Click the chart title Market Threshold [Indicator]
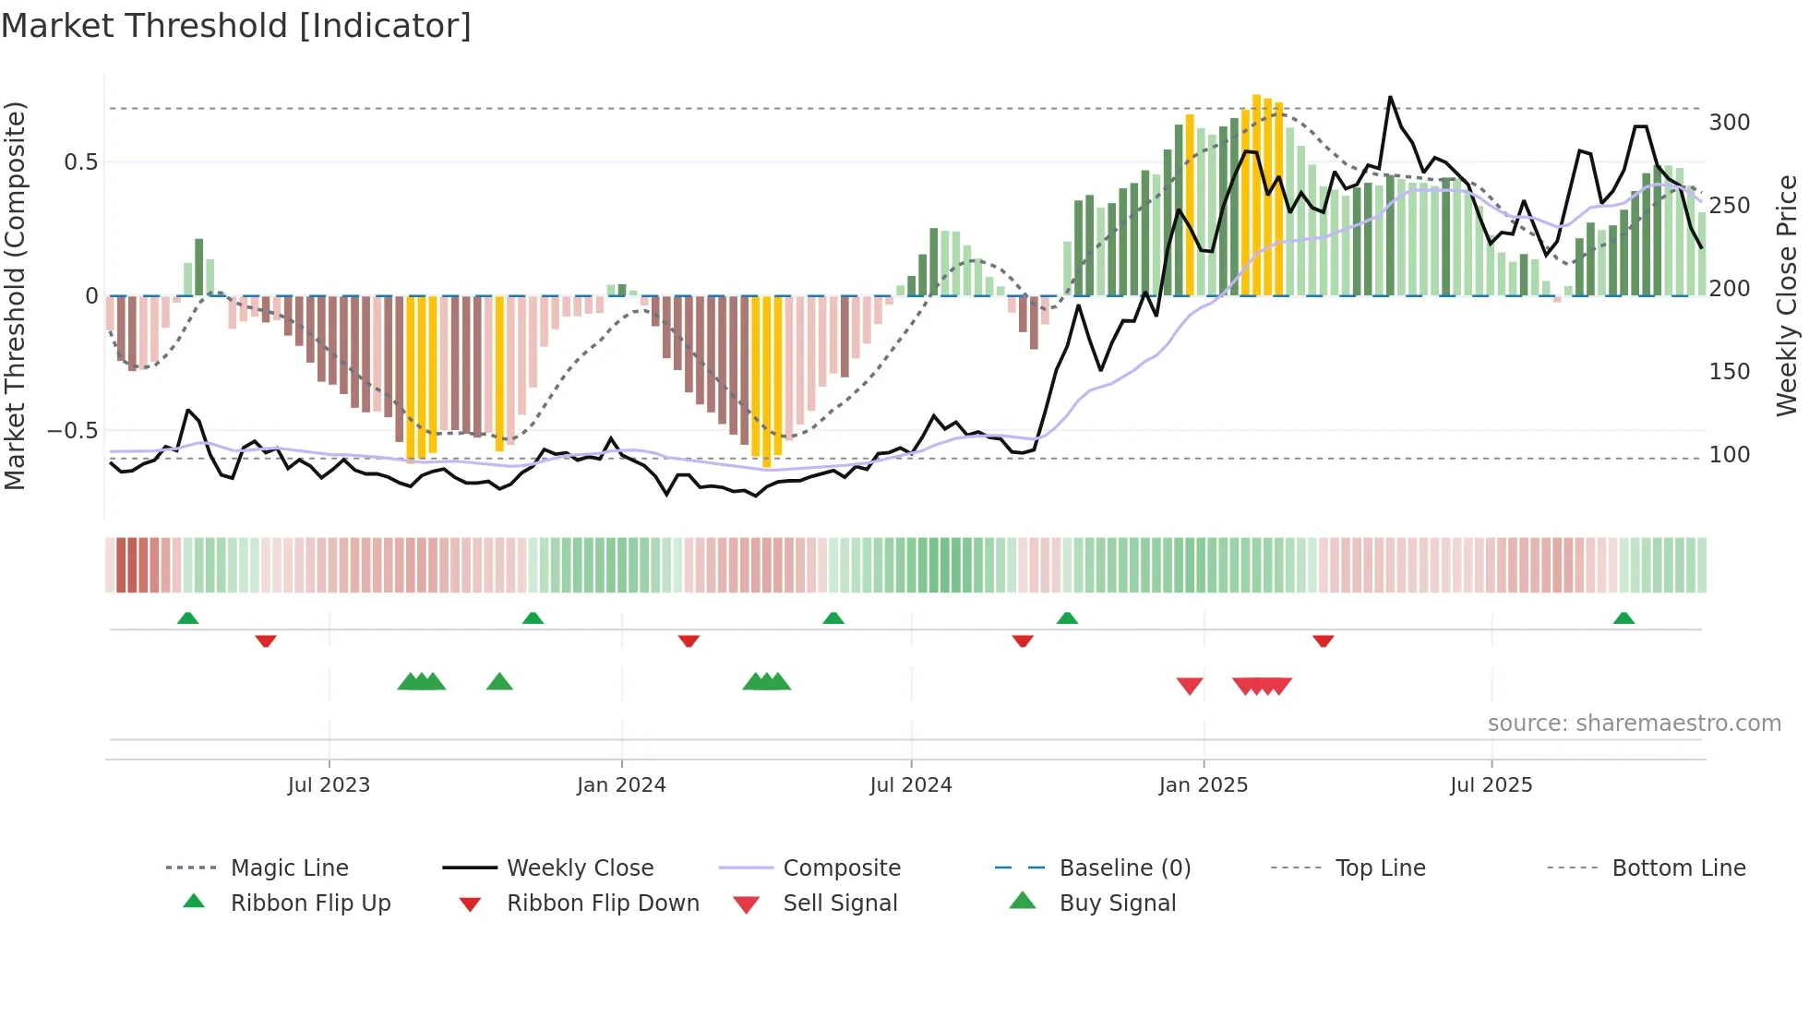tap(236, 26)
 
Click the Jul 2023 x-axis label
tap(329, 785)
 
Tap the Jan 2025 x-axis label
tap(1203, 785)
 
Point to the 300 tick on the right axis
tap(1729, 123)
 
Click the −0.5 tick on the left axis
tap(72, 431)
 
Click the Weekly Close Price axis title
tap(1788, 295)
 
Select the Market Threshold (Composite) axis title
tap(15, 295)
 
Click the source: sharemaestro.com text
tap(1634, 724)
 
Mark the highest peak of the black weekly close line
tap(1390, 97)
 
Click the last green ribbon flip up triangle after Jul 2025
tap(1623, 617)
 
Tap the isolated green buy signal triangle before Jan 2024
tap(499, 682)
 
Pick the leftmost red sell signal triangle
tap(1190, 686)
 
